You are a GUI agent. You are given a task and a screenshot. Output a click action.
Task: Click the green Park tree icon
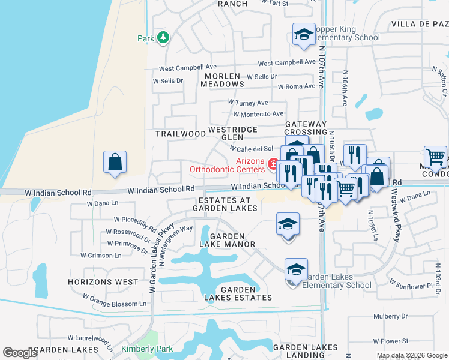pyautogui.click(x=163, y=38)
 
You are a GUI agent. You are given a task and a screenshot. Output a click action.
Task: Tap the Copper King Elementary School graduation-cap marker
pyautogui.click(x=304, y=35)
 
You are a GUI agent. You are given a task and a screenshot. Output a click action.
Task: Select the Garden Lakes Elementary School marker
pyautogui.click(x=296, y=271)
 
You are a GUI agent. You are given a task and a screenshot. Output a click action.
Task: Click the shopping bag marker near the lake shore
pyautogui.click(x=115, y=163)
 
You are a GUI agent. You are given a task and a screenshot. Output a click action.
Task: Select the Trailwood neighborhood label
pyautogui.click(x=176, y=134)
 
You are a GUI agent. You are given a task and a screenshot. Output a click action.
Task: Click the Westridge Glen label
pyautogui.click(x=232, y=133)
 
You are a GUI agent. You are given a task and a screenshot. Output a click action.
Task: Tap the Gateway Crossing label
pyautogui.click(x=306, y=128)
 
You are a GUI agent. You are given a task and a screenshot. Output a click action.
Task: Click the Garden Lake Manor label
pyautogui.click(x=228, y=240)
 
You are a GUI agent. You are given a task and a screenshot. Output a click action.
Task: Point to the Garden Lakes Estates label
pyautogui.click(x=237, y=293)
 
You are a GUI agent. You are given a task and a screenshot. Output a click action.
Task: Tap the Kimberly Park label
pyautogui.click(x=147, y=349)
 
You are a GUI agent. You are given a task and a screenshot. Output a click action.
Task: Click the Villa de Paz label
pyautogui.click(x=420, y=24)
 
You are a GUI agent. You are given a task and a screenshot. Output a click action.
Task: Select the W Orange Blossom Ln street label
pyautogui.click(x=115, y=301)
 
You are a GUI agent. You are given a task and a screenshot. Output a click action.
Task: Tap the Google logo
pyautogui.click(x=20, y=353)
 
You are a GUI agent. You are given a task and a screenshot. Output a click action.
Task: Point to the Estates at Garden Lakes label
pyautogui.click(x=224, y=204)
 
